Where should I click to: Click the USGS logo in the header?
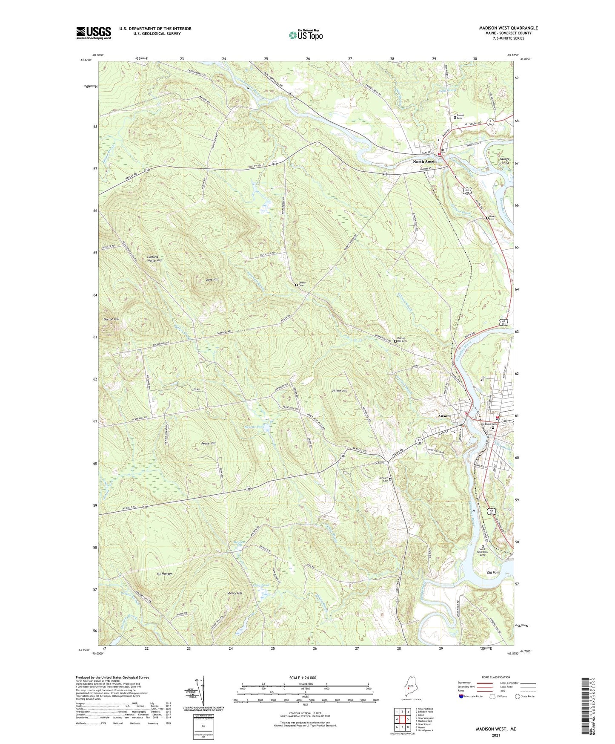94,33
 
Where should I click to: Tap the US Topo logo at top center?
305,35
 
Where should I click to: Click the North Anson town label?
424,161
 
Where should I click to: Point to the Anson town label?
444,416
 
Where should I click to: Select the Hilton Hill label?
340,391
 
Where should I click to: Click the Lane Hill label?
212,280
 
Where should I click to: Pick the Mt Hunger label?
164,574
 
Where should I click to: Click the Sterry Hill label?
234,593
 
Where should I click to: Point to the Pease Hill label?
208,444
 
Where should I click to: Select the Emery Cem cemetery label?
302,284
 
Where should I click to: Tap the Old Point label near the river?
493,572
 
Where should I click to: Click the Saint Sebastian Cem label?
482,552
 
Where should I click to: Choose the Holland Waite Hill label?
152,259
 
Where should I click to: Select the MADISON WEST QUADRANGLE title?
508,28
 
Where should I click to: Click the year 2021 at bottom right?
495,735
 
